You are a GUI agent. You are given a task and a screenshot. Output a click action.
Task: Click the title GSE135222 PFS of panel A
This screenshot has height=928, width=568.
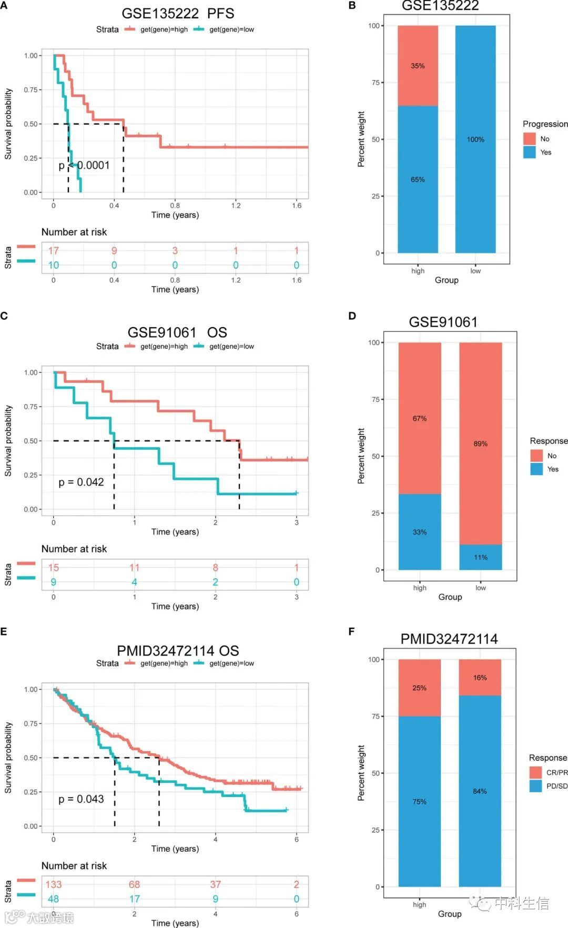coord(178,13)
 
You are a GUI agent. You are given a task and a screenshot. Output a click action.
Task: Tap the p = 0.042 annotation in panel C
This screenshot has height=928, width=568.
coord(81,482)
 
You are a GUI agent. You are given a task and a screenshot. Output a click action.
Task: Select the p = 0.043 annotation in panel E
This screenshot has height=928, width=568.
coord(81,799)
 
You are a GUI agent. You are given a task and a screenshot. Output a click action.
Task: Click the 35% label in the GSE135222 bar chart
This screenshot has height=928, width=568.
coord(418,66)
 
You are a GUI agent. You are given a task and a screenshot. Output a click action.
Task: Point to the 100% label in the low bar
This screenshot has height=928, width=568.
coord(475,139)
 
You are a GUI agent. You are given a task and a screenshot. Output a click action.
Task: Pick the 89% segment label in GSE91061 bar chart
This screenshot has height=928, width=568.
coord(480,443)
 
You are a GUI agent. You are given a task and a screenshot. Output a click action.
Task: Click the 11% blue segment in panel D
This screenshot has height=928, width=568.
coord(480,557)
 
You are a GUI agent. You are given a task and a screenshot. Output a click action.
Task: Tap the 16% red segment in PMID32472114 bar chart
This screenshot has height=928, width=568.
coord(480,678)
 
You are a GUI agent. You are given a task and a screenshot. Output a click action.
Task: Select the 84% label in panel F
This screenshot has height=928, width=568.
coord(480,791)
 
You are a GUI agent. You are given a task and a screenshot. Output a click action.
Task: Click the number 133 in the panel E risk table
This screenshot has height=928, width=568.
coord(54,884)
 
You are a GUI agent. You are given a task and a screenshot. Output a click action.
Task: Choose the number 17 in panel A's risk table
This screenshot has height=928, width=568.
coord(54,250)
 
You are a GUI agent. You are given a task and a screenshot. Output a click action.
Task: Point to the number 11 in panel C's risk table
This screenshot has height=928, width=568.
coord(135,568)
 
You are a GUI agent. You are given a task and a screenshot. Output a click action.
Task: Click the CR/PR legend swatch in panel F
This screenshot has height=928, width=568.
coord(535,772)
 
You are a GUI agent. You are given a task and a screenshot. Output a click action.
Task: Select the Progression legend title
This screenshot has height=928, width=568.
coord(545,124)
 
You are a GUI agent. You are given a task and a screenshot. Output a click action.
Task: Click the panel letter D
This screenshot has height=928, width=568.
coord(352,316)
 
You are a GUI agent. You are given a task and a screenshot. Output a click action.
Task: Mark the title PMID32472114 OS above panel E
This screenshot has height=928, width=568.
coord(178,651)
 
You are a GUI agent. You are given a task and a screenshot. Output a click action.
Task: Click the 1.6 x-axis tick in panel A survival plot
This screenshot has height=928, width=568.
coord(297,205)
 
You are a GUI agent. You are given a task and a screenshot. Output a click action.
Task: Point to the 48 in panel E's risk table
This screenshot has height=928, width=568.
coord(54,899)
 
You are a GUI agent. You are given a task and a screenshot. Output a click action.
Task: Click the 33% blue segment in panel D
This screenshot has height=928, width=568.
coord(420,532)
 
